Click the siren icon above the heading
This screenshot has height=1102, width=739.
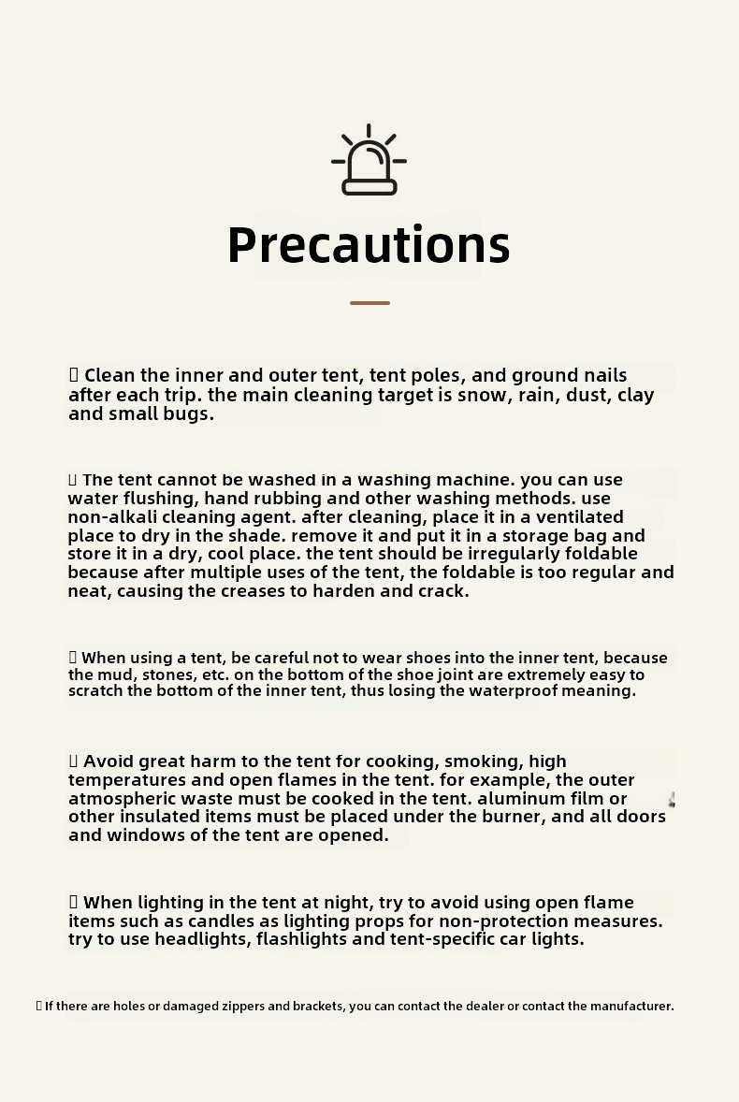pyautogui.click(x=369, y=161)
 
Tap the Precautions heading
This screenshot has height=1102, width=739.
pyautogui.click(x=369, y=245)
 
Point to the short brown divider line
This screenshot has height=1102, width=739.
pyautogui.click(x=369, y=303)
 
